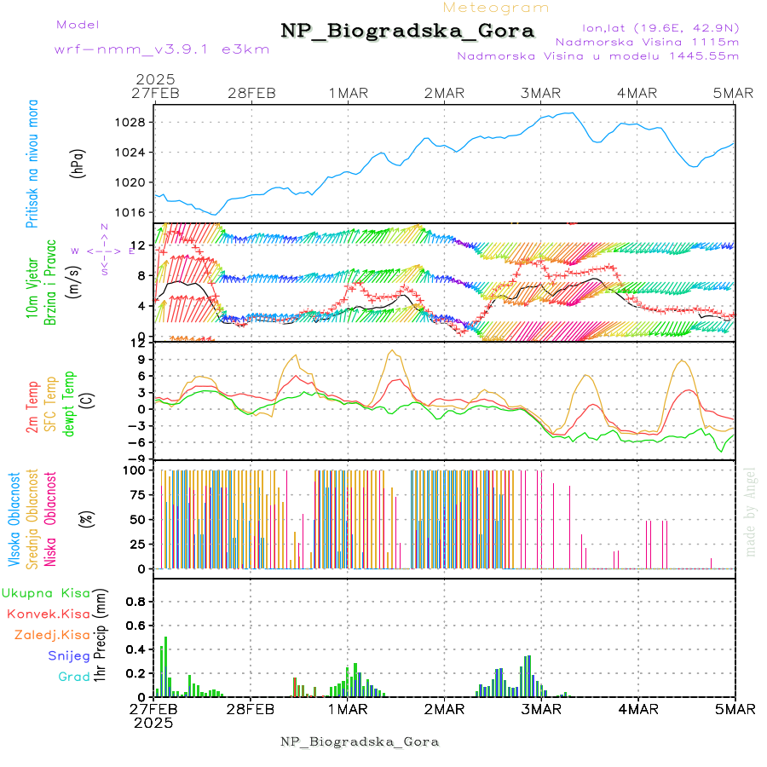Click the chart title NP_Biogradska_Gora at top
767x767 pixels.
coord(407,32)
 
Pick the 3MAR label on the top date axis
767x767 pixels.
coord(542,94)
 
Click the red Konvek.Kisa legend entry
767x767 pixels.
coord(48,614)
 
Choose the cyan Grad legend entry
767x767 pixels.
coord(73,677)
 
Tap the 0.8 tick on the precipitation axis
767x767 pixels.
coord(135,602)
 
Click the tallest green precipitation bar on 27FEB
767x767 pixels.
coord(165,666)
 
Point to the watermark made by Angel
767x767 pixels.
coord(751,511)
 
